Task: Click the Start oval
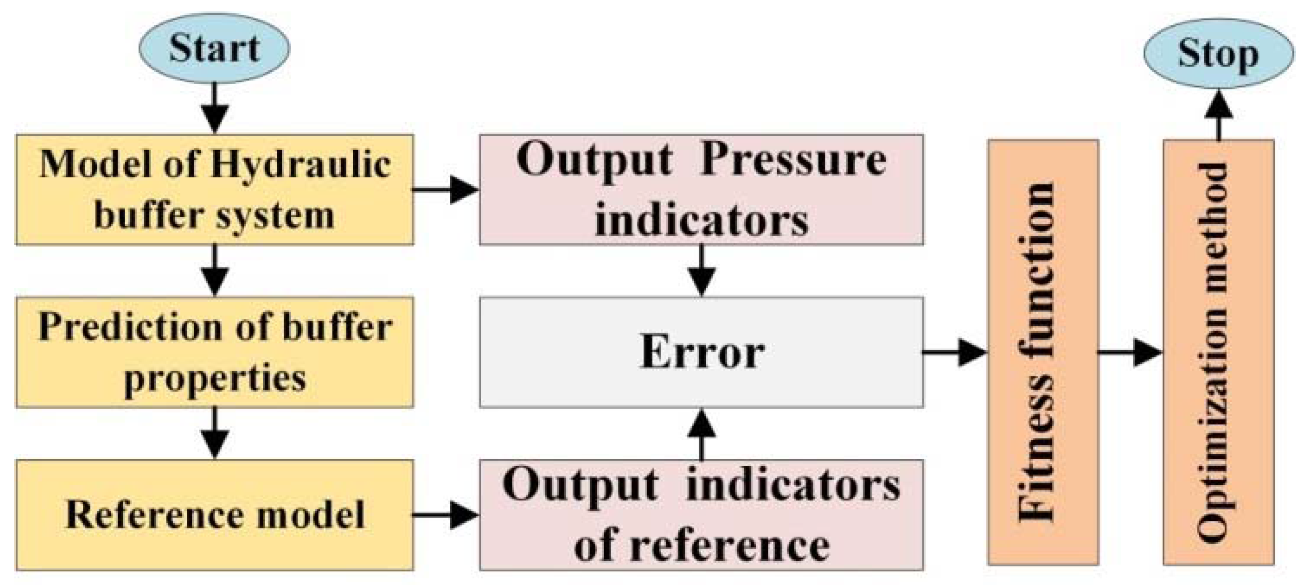[214, 48]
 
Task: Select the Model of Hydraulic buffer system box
[214, 190]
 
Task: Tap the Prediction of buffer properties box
[214, 352]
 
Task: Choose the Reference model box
[214, 515]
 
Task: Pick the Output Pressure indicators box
[701, 190]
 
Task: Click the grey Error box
[701, 352]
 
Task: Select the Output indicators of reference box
[701, 515]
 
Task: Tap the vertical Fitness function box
[1043, 352]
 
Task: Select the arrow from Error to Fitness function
[955, 352]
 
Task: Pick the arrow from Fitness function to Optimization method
[1130, 352]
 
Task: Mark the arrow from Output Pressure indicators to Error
[701, 270]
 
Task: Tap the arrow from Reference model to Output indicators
[445, 515]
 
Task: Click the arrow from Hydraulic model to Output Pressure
[445, 190]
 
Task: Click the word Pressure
[793, 161]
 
